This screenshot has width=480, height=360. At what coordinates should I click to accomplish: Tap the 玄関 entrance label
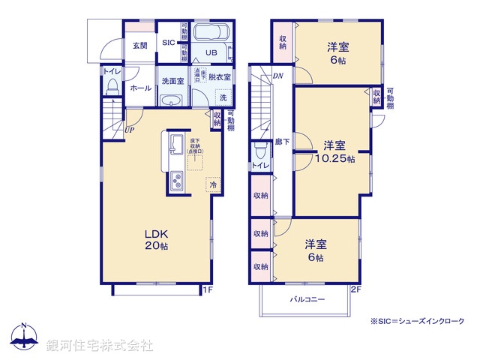140,46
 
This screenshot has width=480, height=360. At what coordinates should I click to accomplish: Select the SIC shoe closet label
169,43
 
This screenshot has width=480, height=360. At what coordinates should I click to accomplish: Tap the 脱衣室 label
220,76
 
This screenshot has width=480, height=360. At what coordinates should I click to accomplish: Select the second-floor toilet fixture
259,149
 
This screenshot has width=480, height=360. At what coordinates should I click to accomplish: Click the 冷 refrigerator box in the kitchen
213,184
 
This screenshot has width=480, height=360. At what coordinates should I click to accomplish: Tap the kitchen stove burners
178,181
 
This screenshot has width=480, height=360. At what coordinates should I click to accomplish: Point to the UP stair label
130,130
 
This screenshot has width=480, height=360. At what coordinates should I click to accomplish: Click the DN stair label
277,76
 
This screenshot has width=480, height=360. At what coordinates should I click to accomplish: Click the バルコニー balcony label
307,298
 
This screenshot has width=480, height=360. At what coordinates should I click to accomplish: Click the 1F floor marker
208,288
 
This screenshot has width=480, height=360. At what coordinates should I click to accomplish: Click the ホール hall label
140,88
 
